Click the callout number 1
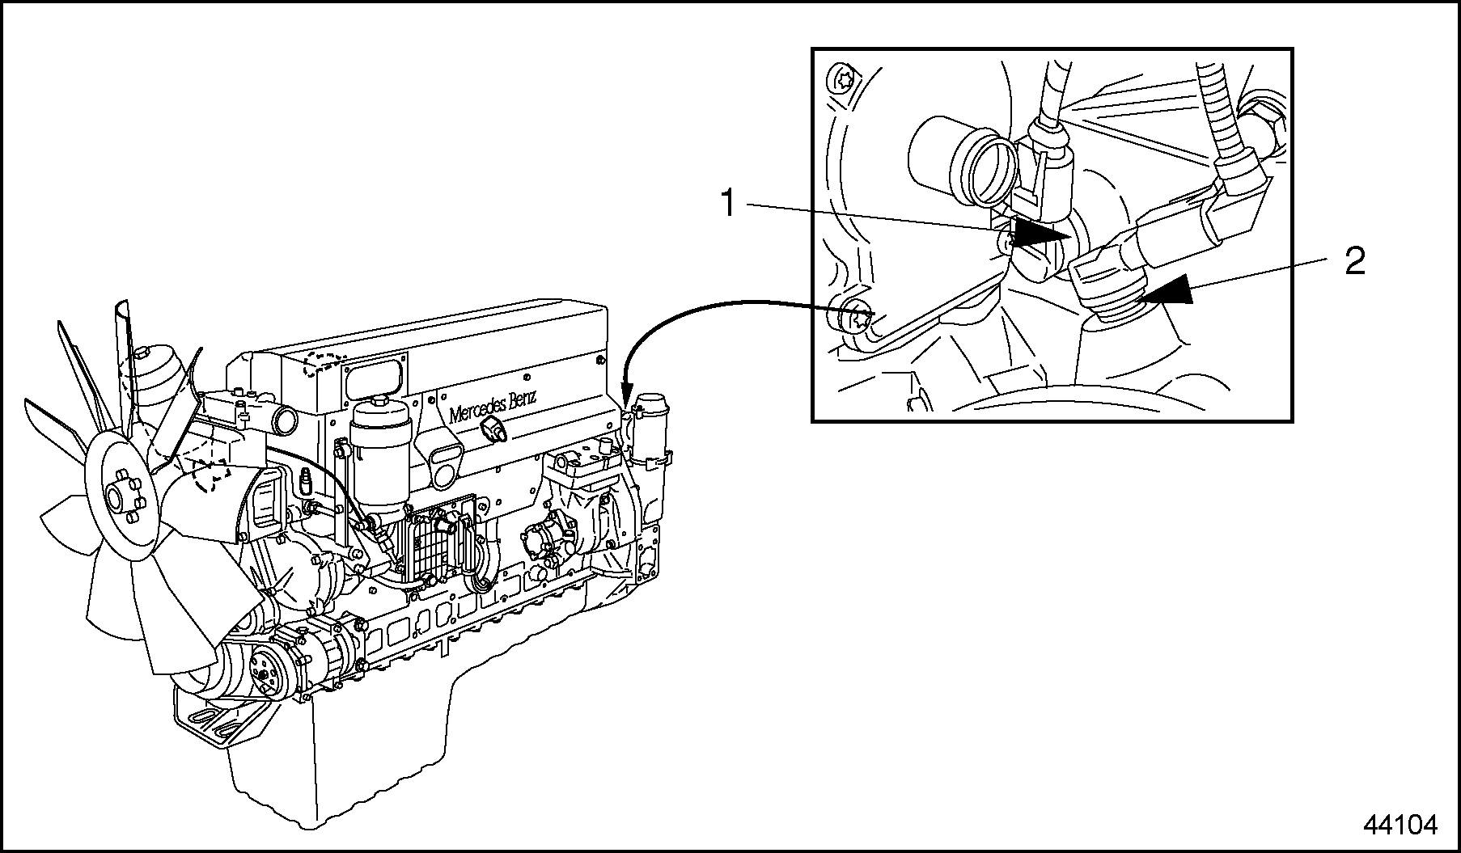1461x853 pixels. pos(729,204)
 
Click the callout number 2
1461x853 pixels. pos(1354,261)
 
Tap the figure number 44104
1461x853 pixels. pos(1400,826)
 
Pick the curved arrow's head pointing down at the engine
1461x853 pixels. pos(625,399)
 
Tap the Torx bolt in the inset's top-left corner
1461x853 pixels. pos(842,80)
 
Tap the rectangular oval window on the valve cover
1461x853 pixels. pos(373,379)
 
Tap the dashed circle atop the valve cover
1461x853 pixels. pos(324,365)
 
